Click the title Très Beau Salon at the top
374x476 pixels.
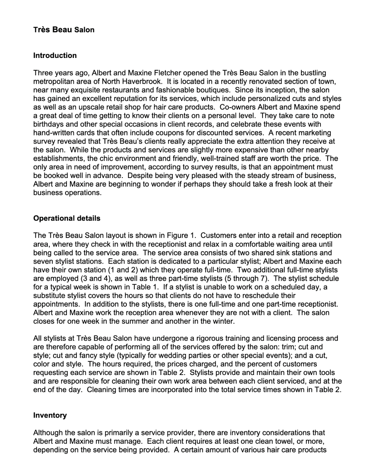pos(64,30)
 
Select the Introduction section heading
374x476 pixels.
pos(55,55)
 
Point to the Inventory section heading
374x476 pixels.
pos(50,415)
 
